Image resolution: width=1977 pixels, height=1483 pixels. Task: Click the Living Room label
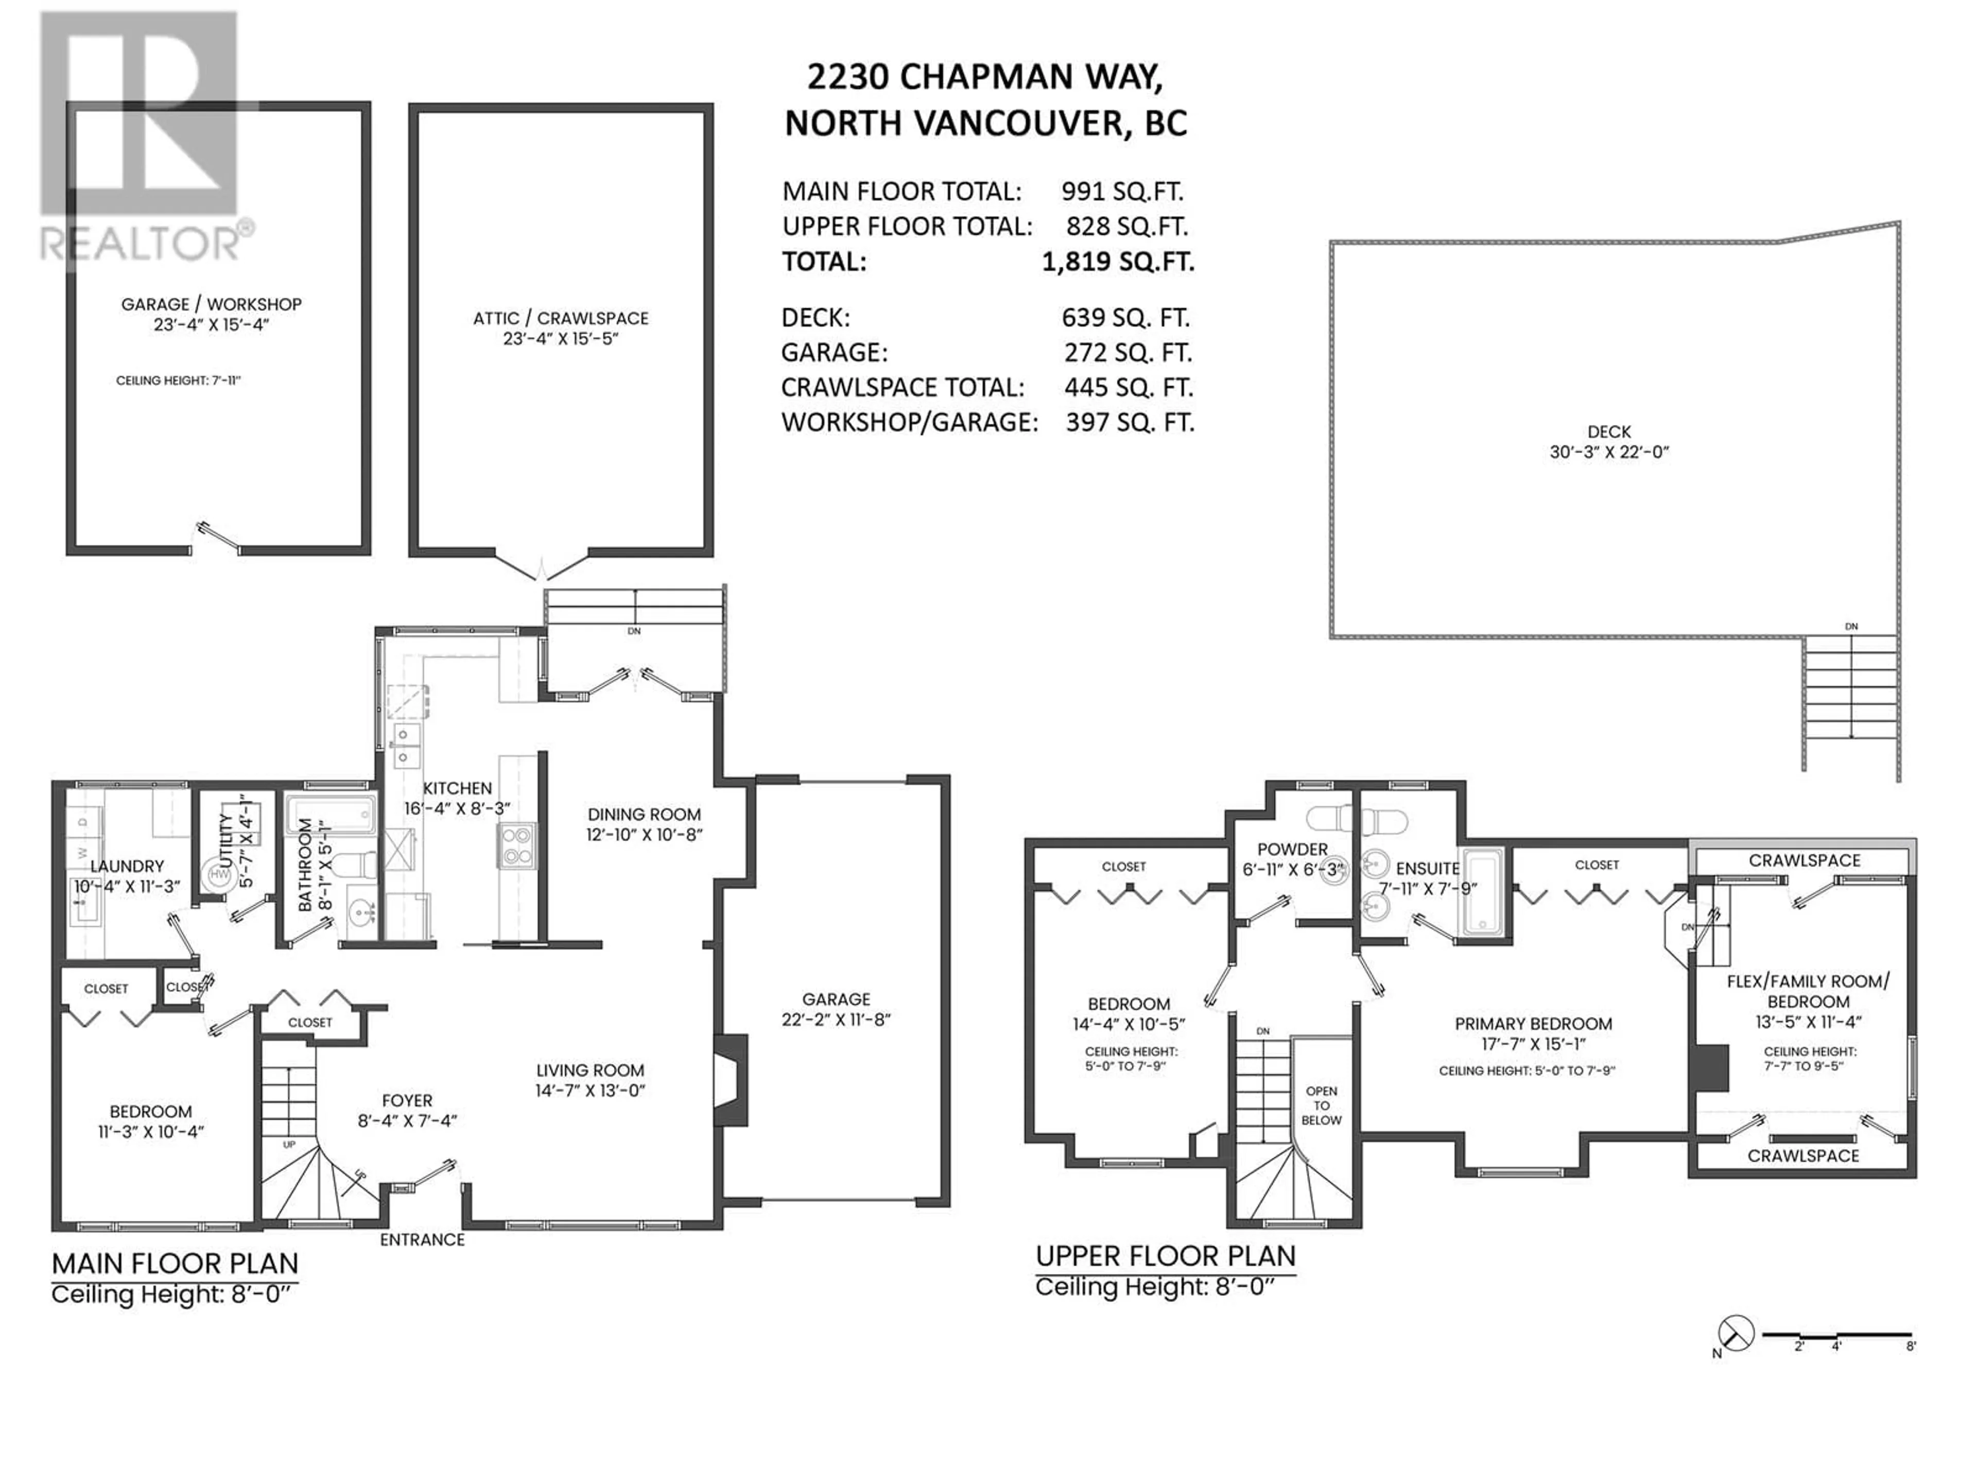[x=590, y=1070]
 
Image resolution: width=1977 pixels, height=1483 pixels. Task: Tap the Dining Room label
[x=644, y=814]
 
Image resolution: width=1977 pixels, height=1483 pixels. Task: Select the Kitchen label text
[x=458, y=788]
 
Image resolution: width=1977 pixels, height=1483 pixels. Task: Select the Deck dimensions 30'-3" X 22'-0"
[x=1610, y=452]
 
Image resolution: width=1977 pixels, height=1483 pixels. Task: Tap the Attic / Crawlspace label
[x=560, y=318]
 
